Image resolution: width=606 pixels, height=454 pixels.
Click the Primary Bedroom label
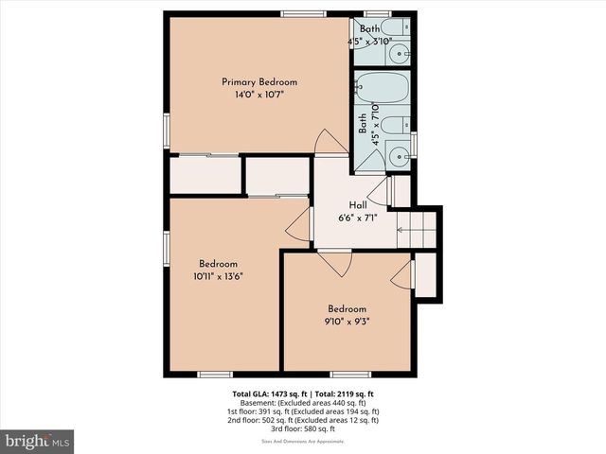pos(253,81)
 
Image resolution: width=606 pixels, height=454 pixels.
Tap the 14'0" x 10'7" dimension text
pos(253,95)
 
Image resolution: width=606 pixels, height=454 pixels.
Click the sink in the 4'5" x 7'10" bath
pos(401,155)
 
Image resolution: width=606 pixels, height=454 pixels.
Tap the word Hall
pos(358,205)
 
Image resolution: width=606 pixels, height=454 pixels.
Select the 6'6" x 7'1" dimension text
pos(358,218)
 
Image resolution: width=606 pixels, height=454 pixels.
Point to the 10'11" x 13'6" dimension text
pos(218,277)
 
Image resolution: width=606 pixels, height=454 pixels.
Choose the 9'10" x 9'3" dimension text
pos(348,322)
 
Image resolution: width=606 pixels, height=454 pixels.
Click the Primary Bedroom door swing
pos(330,142)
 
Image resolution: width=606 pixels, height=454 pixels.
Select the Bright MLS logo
pos(38,441)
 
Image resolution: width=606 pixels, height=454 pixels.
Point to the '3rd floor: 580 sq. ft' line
pos(306,430)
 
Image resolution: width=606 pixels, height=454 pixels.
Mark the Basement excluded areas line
pos(306,402)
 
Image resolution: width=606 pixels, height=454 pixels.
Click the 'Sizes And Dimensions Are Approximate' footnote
pos(306,441)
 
